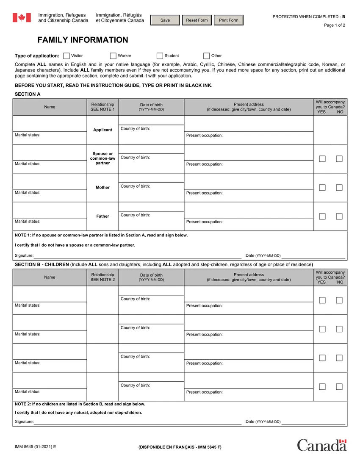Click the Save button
(165, 20)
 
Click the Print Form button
(228, 20)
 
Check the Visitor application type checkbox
(66, 56)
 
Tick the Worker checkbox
(113, 56)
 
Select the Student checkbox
(160, 56)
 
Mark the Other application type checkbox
(207, 56)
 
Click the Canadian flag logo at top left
(22, 18)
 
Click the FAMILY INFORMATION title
(83, 40)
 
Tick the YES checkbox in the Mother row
(322, 188)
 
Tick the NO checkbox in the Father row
(339, 216)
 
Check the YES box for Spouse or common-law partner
(322, 159)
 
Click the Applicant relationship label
(102, 130)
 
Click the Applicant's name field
(50, 123)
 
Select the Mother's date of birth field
(151, 178)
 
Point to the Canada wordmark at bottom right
(321, 445)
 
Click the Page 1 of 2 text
(334, 25)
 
